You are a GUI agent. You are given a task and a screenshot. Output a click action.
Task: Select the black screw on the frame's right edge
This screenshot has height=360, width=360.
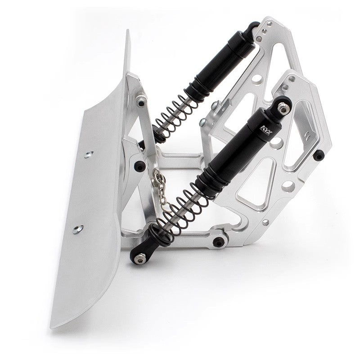click(x=319, y=155)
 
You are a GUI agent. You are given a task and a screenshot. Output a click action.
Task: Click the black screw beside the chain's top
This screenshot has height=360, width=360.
click(x=139, y=164)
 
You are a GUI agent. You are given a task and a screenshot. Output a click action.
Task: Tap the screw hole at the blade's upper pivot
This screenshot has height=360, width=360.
click(x=142, y=103)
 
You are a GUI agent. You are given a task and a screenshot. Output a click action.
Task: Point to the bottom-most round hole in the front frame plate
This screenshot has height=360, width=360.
click(x=265, y=222)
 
